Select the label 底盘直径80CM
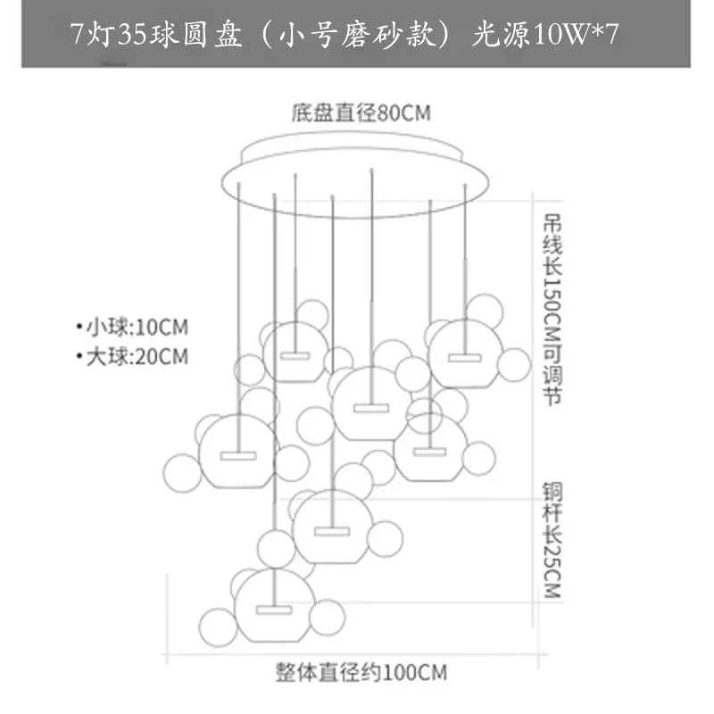[x=361, y=113]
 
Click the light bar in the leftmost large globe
[x=237, y=455]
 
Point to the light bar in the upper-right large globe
[x=464, y=357]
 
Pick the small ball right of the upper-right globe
[x=514, y=364]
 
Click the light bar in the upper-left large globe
[x=295, y=355]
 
